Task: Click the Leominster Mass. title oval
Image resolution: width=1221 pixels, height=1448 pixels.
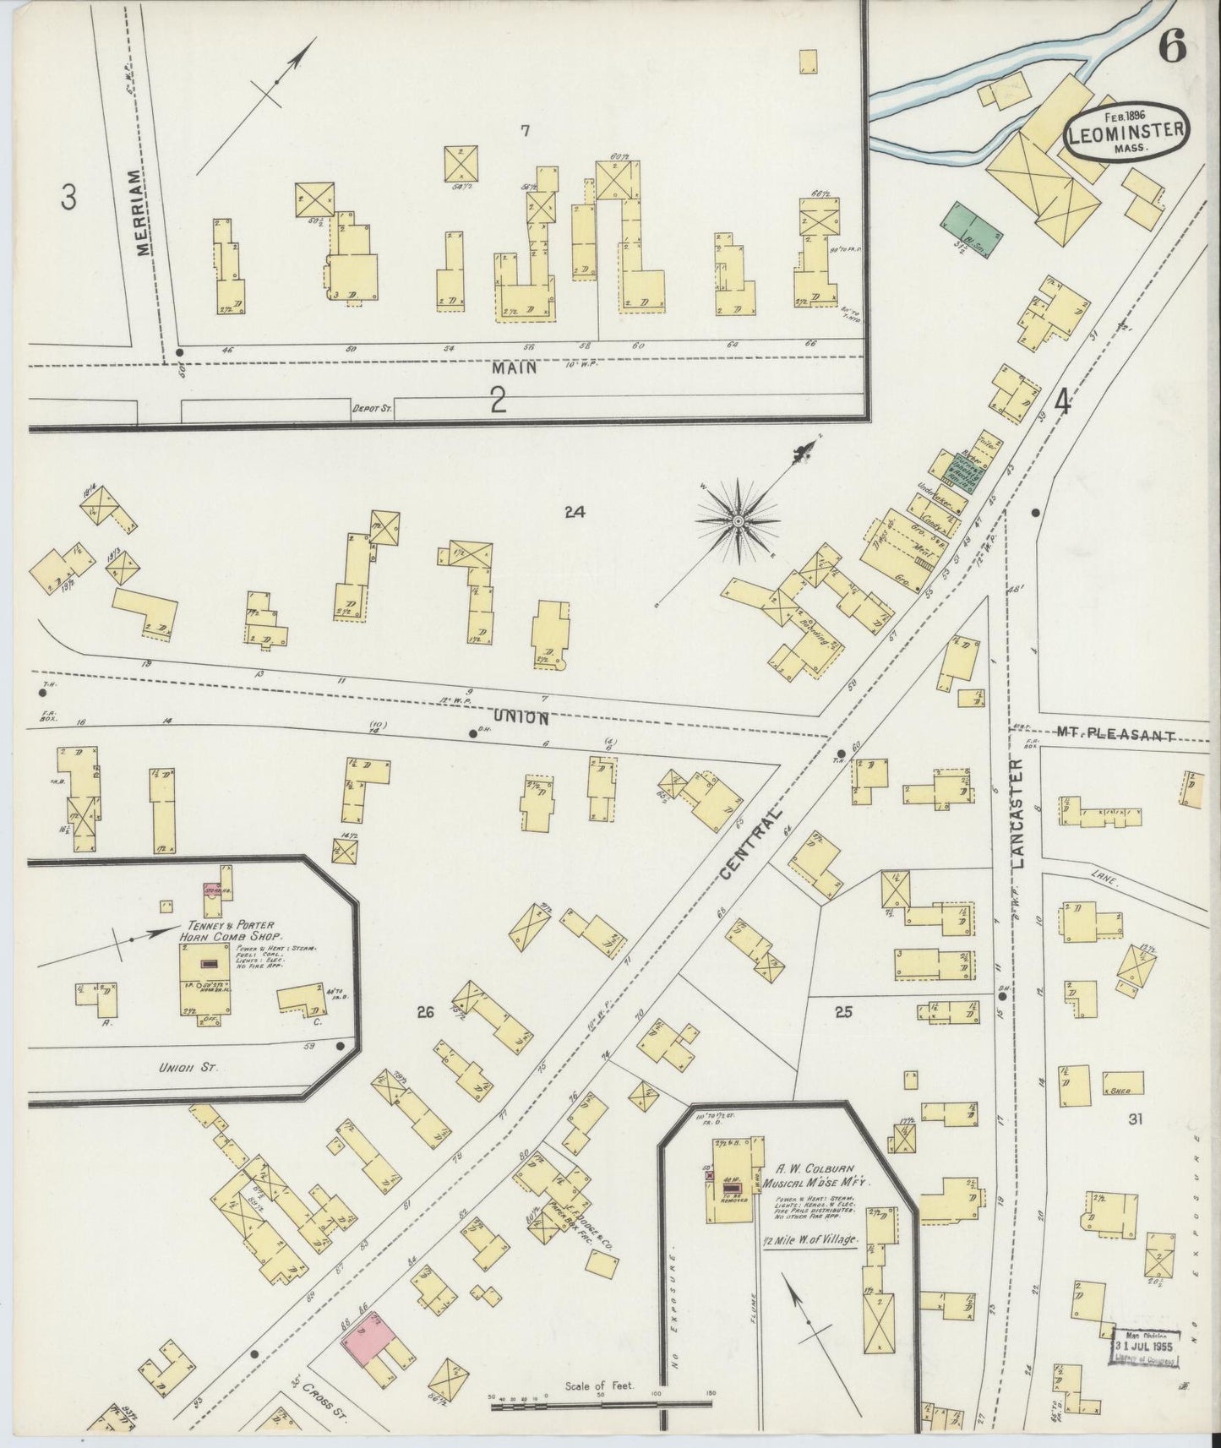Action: [x=1125, y=133]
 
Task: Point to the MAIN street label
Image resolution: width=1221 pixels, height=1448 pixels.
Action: [x=513, y=367]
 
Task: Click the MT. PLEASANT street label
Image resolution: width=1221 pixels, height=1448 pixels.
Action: [x=1115, y=735]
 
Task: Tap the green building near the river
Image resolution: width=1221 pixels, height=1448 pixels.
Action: [x=971, y=226]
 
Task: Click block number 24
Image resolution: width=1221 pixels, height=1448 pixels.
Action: [x=575, y=511]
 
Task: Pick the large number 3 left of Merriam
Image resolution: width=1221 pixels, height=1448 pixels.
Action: [x=68, y=197]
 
